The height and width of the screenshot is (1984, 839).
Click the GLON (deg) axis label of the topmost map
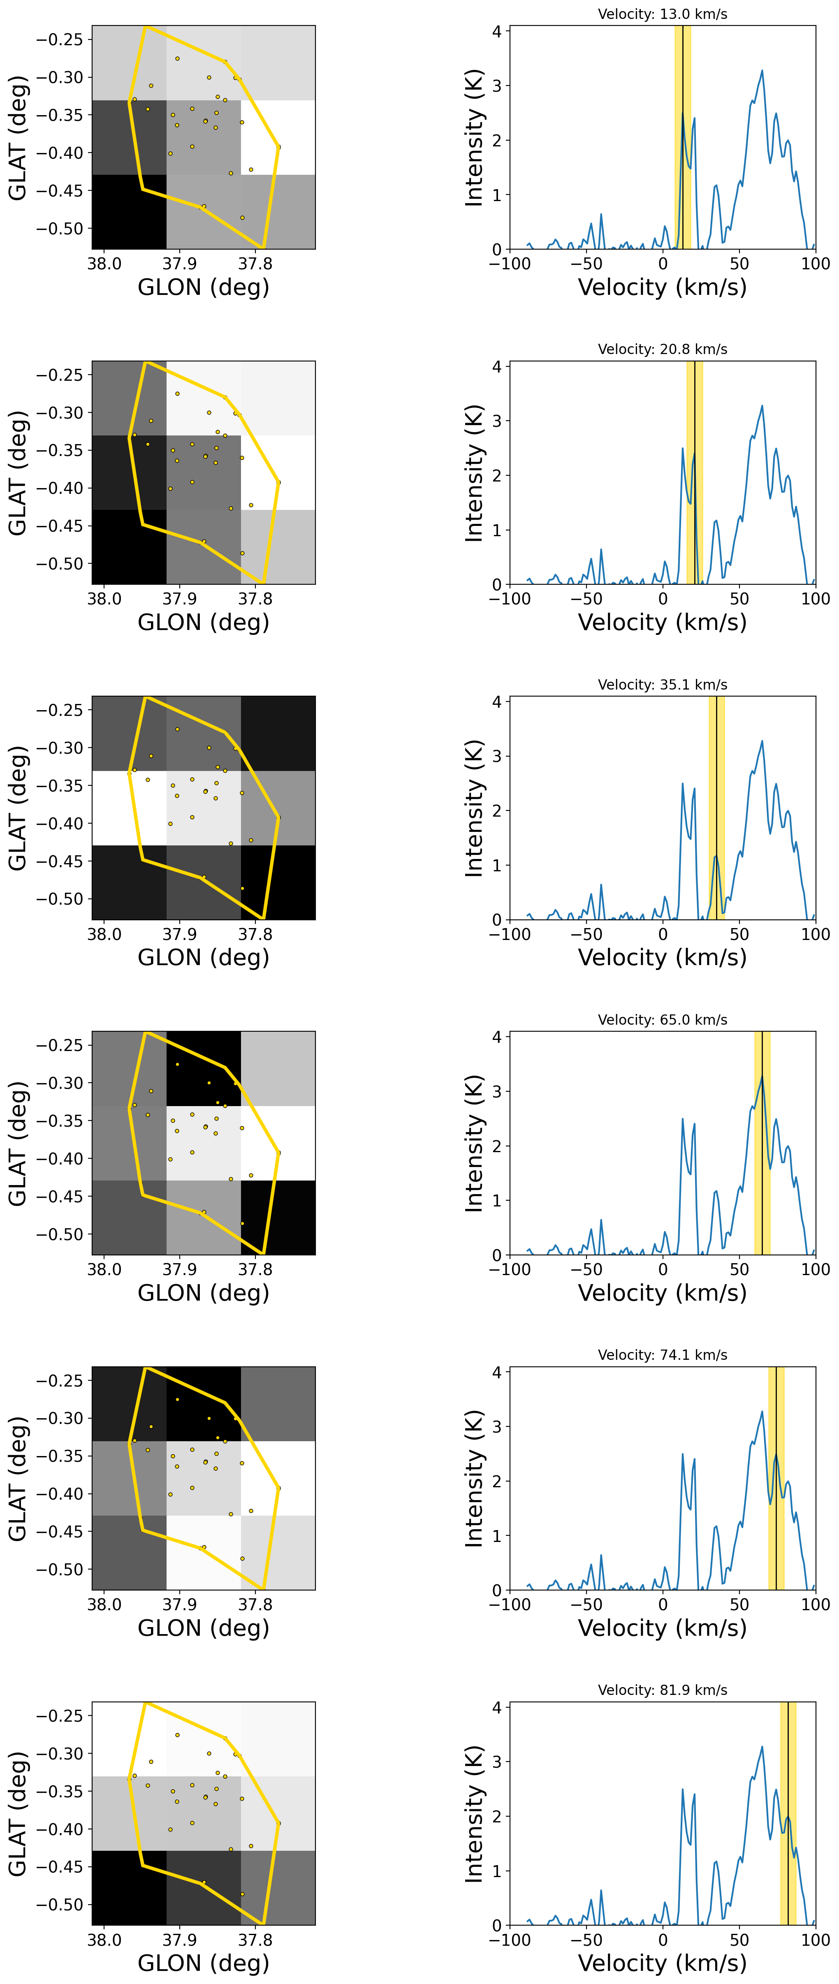click(204, 287)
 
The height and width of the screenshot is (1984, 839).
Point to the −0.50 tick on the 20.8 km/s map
click(59, 564)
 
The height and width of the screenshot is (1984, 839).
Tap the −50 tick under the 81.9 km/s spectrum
click(586, 1940)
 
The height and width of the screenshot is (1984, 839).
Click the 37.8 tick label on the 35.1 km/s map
click(255, 934)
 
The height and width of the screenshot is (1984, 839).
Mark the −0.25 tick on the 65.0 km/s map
click(59, 1045)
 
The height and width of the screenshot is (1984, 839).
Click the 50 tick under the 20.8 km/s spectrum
click(739, 599)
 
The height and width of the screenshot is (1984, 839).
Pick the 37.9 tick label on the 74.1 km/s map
click(179, 1605)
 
